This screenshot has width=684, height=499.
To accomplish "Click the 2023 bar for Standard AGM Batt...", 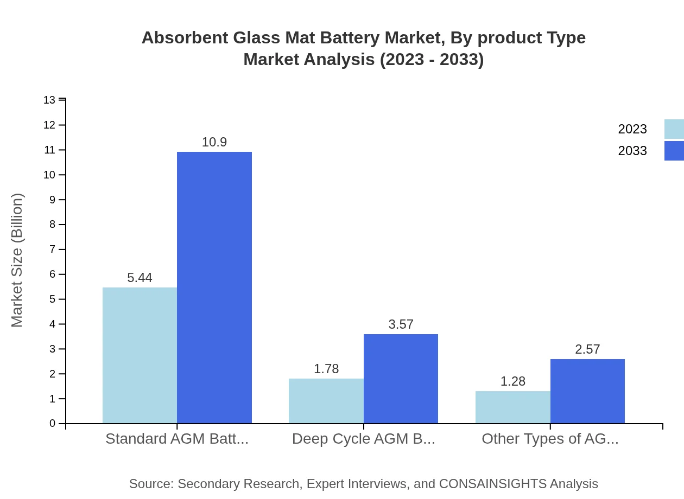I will pyautogui.click(x=140, y=355).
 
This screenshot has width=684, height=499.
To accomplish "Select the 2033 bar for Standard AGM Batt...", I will pyautogui.click(x=214, y=287).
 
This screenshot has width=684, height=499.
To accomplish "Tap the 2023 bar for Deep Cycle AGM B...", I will pyautogui.click(x=326, y=401).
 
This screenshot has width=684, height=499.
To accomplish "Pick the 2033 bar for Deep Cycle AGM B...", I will pyautogui.click(x=401, y=379).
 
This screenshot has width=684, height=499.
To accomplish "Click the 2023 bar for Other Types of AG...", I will pyautogui.click(x=513, y=407).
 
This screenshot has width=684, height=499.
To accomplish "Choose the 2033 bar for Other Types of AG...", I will pyautogui.click(x=587, y=391).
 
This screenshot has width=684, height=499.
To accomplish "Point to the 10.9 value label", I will pyautogui.click(x=214, y=142).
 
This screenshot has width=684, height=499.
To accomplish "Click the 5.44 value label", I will pyautogui.click(x=140, y=278).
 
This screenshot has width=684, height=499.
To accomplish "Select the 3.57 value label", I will pyautogui.click(x=401, y=324).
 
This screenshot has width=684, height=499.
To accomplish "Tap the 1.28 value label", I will pyautogui.click(x=513, y=381).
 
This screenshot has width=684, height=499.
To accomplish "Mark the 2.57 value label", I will pyautogui.click(x=587, y=349).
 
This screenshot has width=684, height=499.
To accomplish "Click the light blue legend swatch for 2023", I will pyautogui.click(x=674, y=129).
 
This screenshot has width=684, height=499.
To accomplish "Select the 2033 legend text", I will pyautogui.click(x=632, y=151).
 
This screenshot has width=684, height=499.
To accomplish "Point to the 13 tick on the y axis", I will pyautogui.click(x=49, y=100).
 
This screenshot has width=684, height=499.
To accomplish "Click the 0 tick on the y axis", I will pyautogui.click(x=53, y=424).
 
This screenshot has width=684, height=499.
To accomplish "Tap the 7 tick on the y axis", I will pyautogui.click(x=53, y=250).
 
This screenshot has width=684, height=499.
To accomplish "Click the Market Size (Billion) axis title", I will pyautogui.click(x=17, y=260).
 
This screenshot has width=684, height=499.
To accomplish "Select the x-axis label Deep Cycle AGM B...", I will pyautogui.click(x=363, y=439).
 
